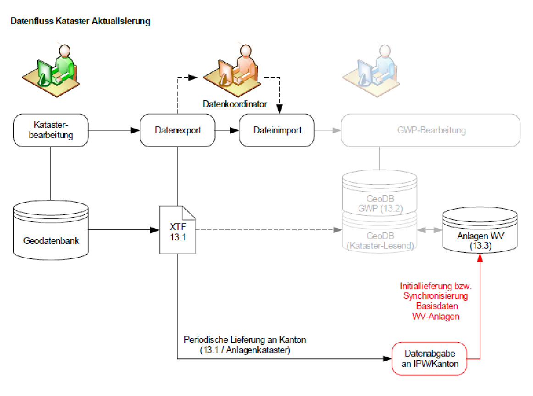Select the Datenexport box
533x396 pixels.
(178, 130)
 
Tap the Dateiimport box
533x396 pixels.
(277, 130)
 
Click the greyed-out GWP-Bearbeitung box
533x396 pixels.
(431, 130)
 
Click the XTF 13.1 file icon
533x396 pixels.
(178, 229)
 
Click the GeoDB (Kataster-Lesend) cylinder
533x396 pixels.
(380, 238)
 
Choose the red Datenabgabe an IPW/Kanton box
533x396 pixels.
(429, 358)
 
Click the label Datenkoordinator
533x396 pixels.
(235, 104)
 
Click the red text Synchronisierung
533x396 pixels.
(436, 296)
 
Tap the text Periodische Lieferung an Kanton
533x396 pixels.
(244, 340)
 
